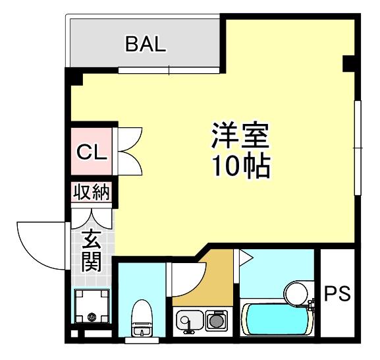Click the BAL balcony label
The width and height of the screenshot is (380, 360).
pos(146,45)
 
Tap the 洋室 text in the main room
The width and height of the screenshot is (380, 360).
pos(240,136)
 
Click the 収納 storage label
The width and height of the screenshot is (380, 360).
pos(92,193)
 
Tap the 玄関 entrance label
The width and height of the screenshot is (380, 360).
pos(91,251)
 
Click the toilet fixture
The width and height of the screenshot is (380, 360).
pos(142,318)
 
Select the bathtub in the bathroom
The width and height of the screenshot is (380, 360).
pos(275,319)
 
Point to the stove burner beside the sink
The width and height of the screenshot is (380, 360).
pos(215,321)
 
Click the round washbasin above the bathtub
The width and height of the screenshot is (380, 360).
pos(296,291)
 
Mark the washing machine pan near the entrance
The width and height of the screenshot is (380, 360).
pos(90,307)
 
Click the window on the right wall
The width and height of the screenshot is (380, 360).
pos(358,148)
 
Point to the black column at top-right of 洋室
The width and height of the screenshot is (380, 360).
pos(348,64)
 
